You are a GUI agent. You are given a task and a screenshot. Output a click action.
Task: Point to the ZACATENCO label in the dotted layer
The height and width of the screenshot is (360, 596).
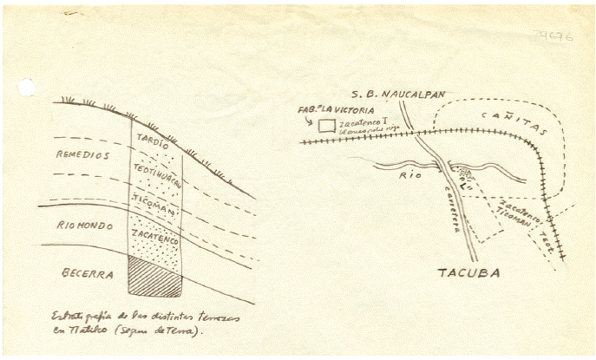click(156, 237)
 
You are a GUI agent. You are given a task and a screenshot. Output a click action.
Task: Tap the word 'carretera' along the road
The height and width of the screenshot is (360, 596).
click(455, 209)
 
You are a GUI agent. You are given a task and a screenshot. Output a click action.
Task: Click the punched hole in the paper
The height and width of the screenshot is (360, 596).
click(27, 87)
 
